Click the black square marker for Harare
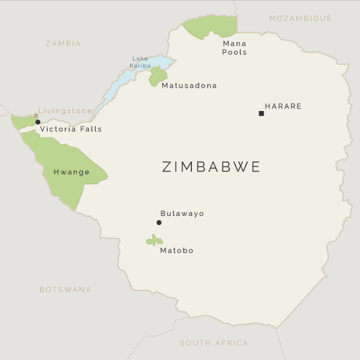point(261,113)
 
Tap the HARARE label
point(283,107)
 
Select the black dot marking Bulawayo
point(159,223)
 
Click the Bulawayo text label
point(182,214)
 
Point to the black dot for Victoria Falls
point(38,122)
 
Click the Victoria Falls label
point(71,129)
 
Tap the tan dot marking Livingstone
point(36,115)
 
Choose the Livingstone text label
point(65,111)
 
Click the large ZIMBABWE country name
point(211,167)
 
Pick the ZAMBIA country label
point(63,44)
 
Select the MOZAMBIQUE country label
point(300,19)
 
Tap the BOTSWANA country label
point(65,290)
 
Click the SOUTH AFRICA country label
point(214,343)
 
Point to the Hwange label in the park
point(71,172)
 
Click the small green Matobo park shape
point(154,241)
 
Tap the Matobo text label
point(176,251)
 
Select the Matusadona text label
point(189,86)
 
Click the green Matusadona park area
point(158,76)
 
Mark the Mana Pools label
point(234,48)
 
